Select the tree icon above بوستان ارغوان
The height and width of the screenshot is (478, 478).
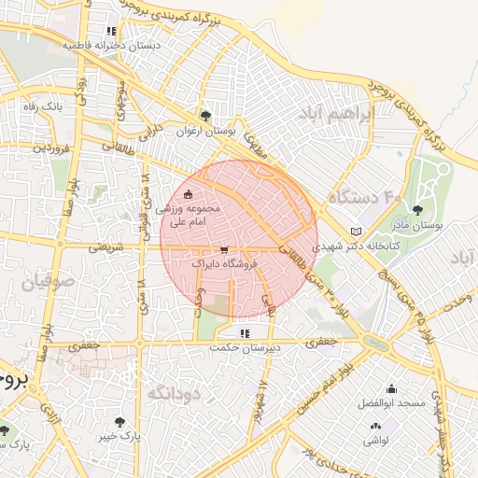[x=205, y=116]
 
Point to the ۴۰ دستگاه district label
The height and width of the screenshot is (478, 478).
[x=363, y=198]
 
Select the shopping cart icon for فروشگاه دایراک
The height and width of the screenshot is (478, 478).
[x=224, y=250]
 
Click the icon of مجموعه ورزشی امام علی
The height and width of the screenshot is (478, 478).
[x=189, y=195]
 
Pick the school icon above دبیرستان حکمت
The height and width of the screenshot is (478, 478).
[x=245, y=333]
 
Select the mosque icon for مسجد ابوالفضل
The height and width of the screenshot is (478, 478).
[x=390, y=389]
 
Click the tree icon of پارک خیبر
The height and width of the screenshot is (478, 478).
[x=119, y=421]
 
